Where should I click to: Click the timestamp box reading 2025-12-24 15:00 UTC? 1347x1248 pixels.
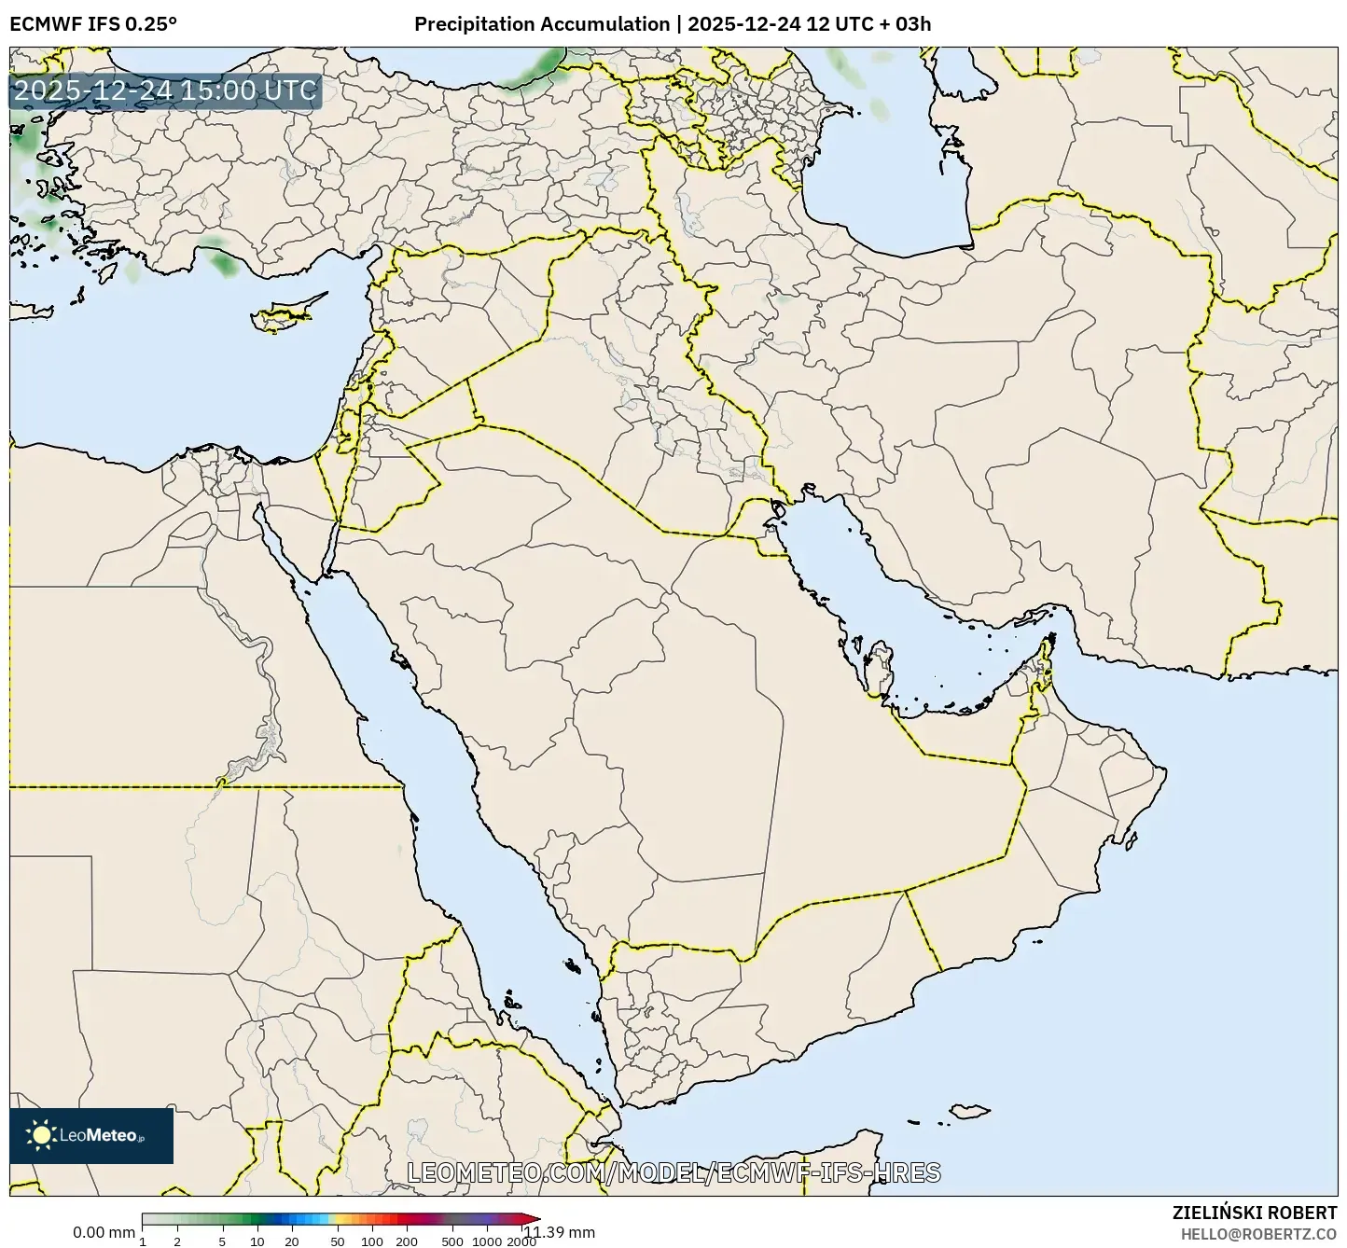(165, 91)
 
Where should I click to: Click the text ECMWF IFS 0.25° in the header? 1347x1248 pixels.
(93, 24)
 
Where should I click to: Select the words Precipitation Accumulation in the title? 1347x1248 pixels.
(542, 24)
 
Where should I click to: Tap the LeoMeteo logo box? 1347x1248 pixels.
(91, 1135)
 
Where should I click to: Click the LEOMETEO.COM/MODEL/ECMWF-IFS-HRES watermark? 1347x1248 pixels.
(673, 1172)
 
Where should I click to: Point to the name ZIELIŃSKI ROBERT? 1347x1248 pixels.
(1254, 1213)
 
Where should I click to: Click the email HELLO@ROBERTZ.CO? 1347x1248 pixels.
(1258, 1233)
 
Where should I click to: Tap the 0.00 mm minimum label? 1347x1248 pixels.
(104, 1232)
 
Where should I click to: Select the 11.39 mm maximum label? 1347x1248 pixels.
(559, 1232)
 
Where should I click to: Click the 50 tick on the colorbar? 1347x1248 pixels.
(338, 1241)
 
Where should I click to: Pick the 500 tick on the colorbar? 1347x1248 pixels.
(452, 1241)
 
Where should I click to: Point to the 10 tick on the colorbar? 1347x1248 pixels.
(257, 1241)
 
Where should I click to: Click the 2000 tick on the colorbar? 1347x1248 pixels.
(521, 1241)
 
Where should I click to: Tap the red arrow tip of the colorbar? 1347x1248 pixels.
(533, 1219)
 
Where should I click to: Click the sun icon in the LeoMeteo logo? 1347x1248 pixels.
(41, 1135)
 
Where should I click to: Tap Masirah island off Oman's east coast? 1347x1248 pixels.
(1132, 841)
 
